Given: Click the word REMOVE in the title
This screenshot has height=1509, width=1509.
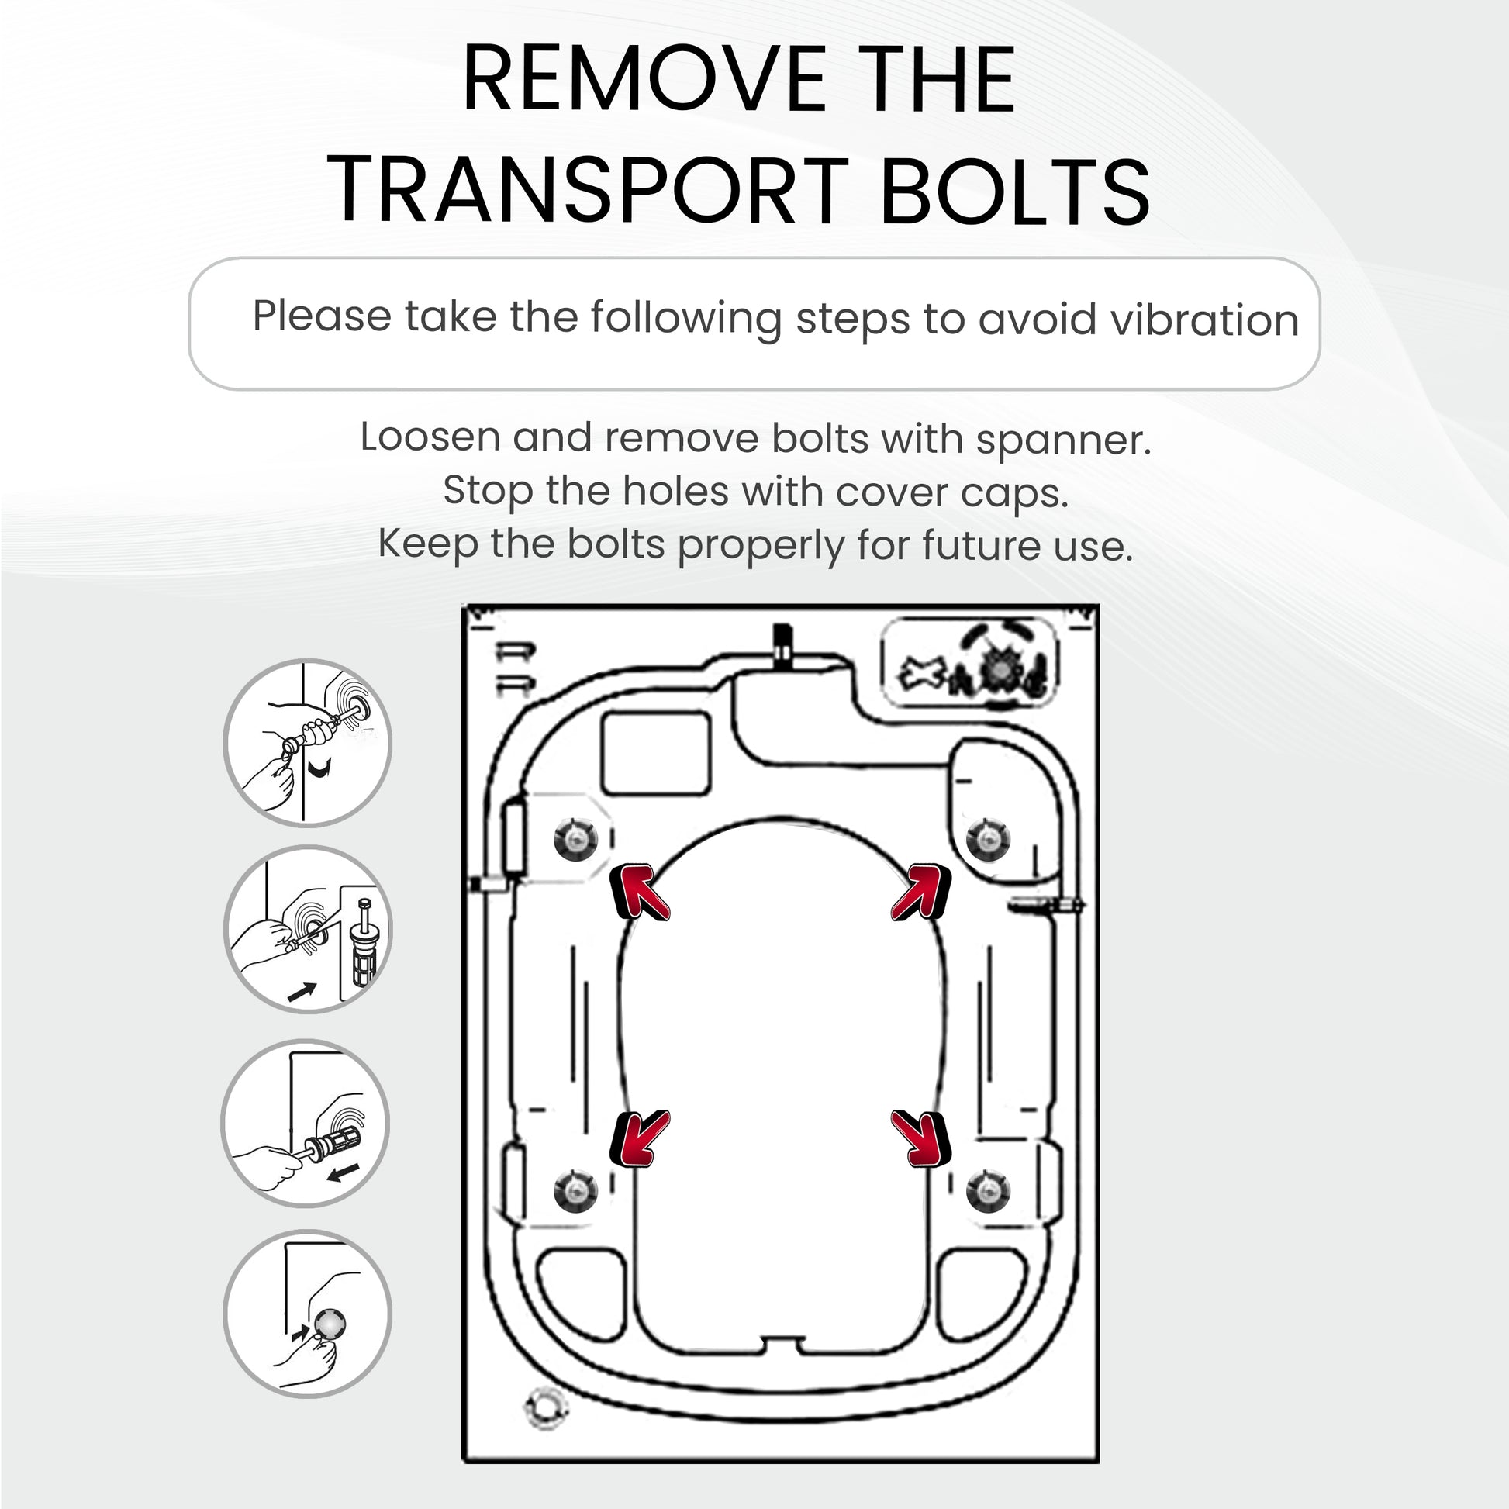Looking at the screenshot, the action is coord(644,79).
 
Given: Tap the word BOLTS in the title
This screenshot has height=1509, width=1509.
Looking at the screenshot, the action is coord(1013,192).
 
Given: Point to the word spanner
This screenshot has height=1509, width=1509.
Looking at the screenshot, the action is coord(1063,440).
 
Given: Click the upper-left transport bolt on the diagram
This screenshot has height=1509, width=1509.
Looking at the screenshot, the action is coord(575,840).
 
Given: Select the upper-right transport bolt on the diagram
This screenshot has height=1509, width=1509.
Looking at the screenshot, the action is coord(988,840).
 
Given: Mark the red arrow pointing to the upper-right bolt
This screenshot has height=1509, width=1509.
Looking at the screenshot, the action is coord(922,892).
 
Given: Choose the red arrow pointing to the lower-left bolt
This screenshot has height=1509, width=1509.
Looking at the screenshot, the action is coord(639,1139).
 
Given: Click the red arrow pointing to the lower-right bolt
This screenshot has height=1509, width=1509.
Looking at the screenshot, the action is coord(922,1139).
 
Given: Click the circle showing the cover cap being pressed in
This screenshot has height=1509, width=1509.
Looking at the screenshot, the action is coord(308,1314).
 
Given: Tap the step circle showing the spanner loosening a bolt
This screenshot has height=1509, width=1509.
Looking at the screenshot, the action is coord(308,742).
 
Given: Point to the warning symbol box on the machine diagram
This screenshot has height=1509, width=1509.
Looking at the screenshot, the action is coord(969,664).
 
